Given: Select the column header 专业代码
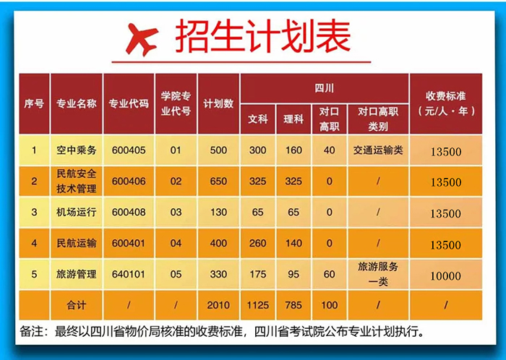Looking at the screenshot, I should click(x=129, y=103).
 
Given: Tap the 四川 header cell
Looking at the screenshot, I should click(x=325, y=87).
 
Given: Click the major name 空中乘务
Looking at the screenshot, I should click(x=76, y=151).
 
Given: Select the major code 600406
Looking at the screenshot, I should click(x=129, y=182).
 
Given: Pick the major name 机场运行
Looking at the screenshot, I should click(x=76, y=213).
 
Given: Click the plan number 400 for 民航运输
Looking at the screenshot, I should click(x=218, y=244).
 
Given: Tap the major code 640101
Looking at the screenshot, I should click(x=129, y=275).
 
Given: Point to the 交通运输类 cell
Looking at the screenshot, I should click(x=379, y=151).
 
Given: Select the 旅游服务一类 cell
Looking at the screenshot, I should click(x=379, y=275).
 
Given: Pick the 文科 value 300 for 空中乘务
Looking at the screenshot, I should click(x=258, y=151).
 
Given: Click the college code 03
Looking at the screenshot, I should click(x=175, y=213).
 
